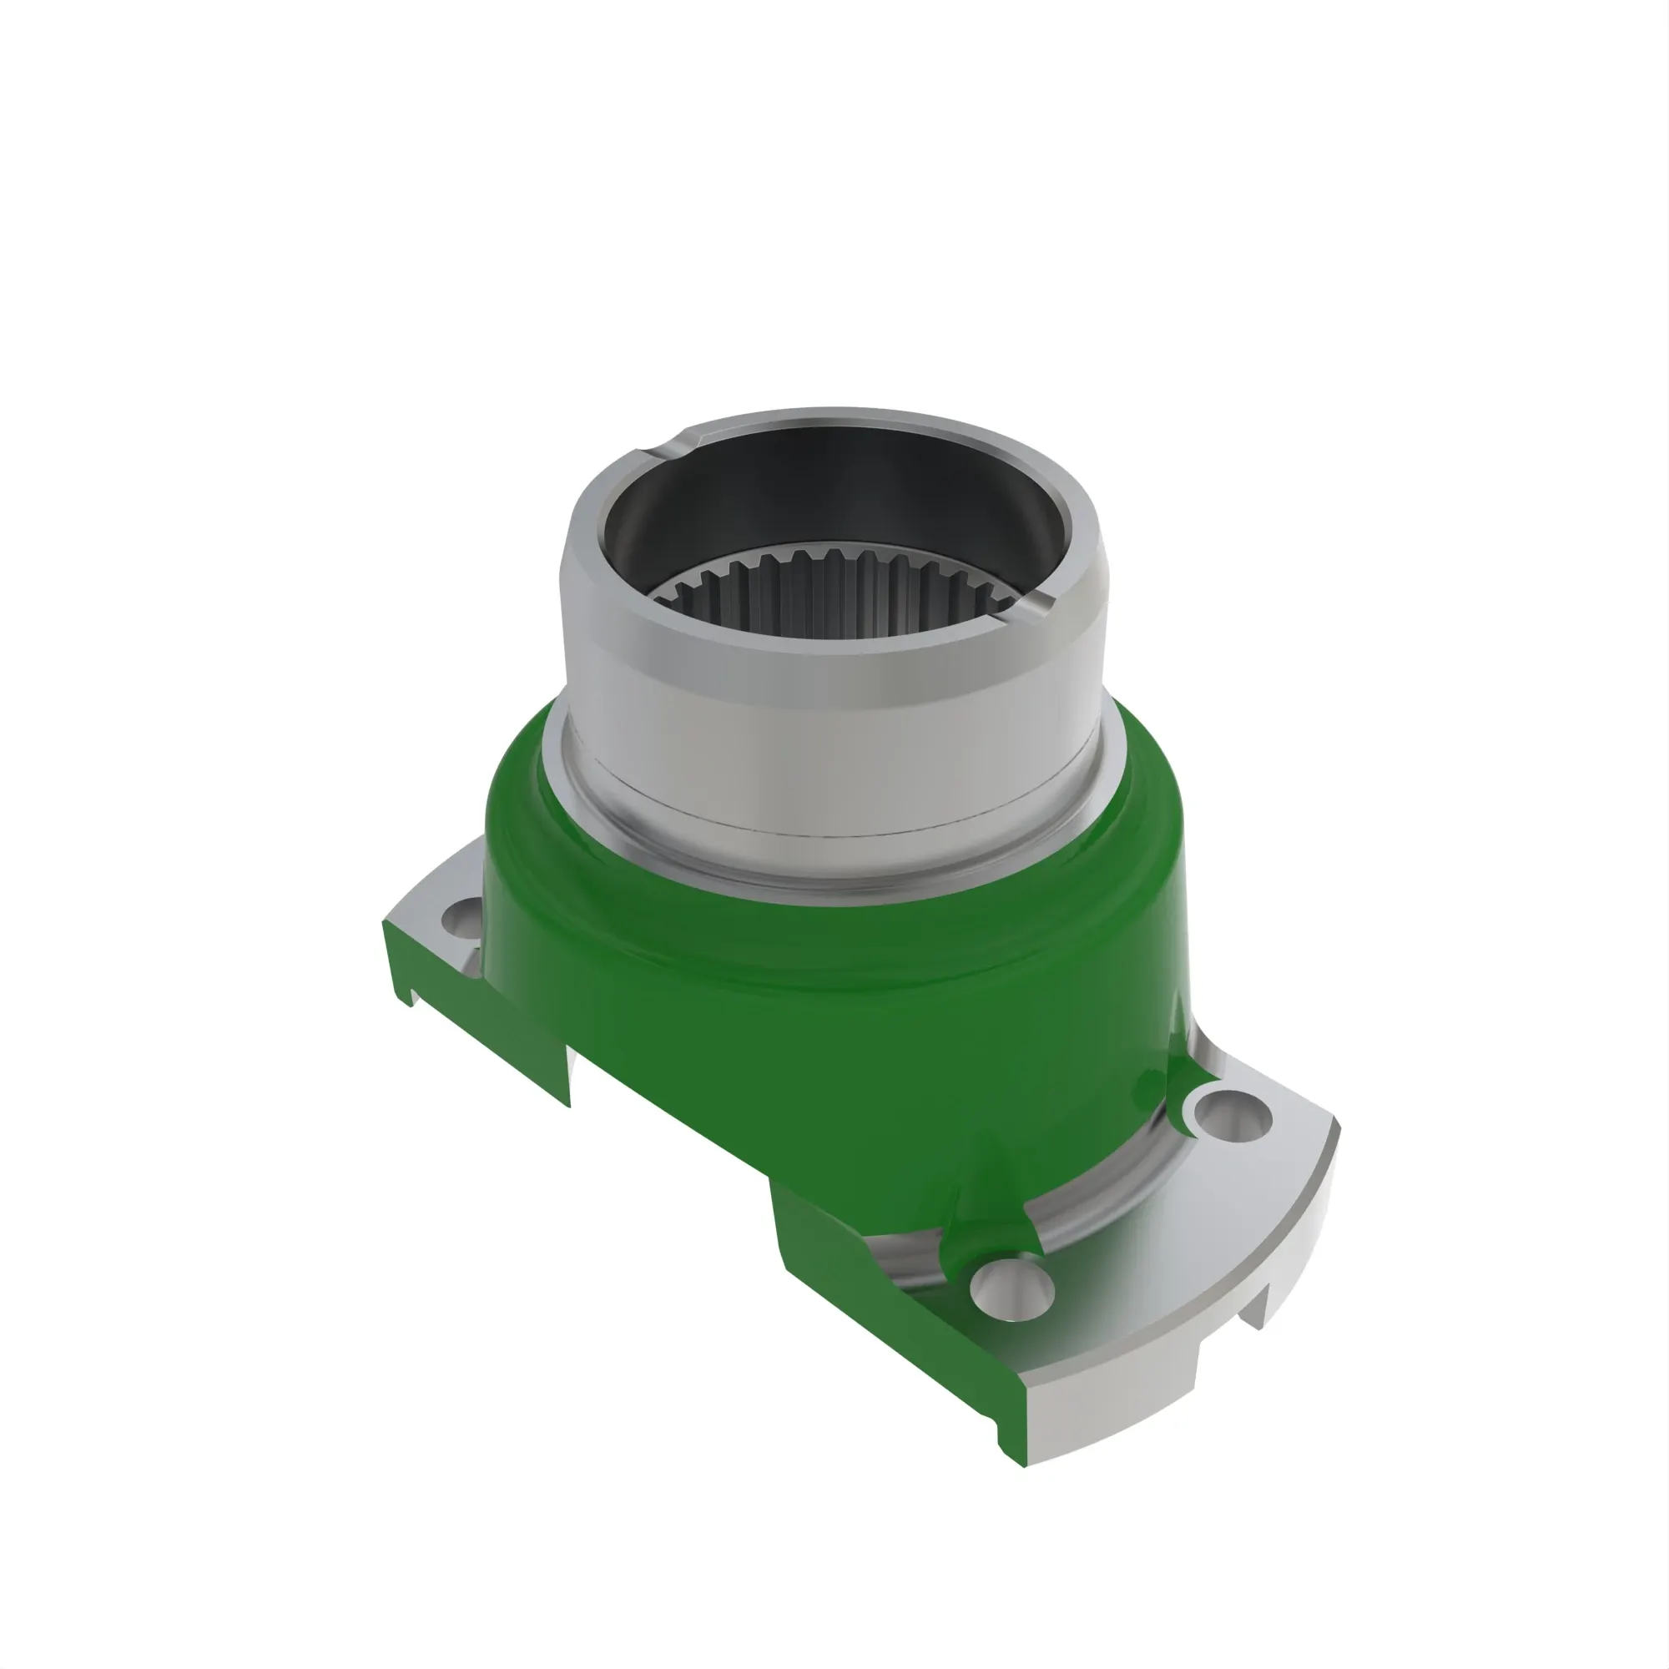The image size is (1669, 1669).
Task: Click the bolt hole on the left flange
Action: coord(463,919)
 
